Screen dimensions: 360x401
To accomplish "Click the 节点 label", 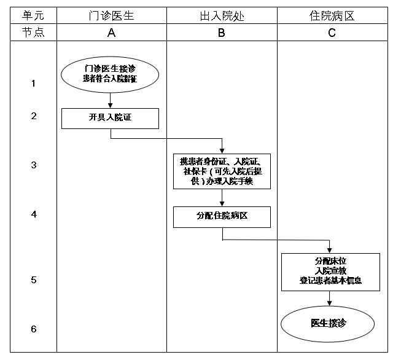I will tap(33, 33).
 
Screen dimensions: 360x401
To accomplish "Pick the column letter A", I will tap(111, 33).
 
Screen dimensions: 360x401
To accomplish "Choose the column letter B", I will tap(222, 33).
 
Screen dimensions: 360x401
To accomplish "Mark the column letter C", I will tap(332, 33).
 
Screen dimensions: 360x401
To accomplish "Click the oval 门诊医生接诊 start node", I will tap(111, 74).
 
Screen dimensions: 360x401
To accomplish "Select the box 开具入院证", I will tap(111, 118).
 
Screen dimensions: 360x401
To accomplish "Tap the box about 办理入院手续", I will tap(222, 171).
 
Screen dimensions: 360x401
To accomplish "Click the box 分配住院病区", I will tap(222, 217).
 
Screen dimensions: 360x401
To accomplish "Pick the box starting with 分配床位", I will tap(330, 272).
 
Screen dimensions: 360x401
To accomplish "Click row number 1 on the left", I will tap(33, 83).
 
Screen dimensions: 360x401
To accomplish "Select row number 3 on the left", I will tap(33, 165).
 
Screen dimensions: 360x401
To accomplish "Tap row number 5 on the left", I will tap(33, 280).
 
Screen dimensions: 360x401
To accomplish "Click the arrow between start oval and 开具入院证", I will tap(111, 99).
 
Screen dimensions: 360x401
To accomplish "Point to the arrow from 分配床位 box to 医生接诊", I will tap(330, 299).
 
